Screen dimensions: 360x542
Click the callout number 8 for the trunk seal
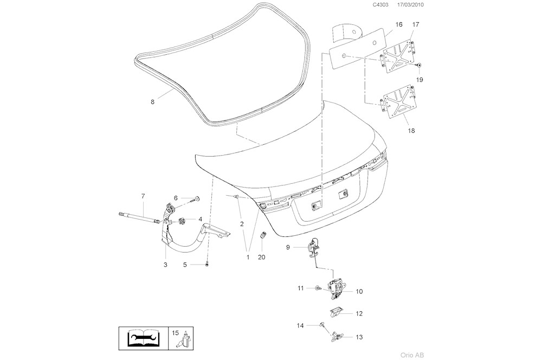coord(152,101)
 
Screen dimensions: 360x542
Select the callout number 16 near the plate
coord(398,24)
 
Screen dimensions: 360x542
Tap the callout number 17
coord(416,24)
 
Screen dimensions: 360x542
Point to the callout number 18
coord(412,131)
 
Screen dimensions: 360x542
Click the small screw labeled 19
coord(419,66)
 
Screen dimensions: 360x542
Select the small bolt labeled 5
coord(207,264)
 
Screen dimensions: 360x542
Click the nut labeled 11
coord(317,288)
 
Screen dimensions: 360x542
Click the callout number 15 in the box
coord(175,332)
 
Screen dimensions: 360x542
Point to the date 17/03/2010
coord(411,5)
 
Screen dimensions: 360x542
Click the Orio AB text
coord(412,355)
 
